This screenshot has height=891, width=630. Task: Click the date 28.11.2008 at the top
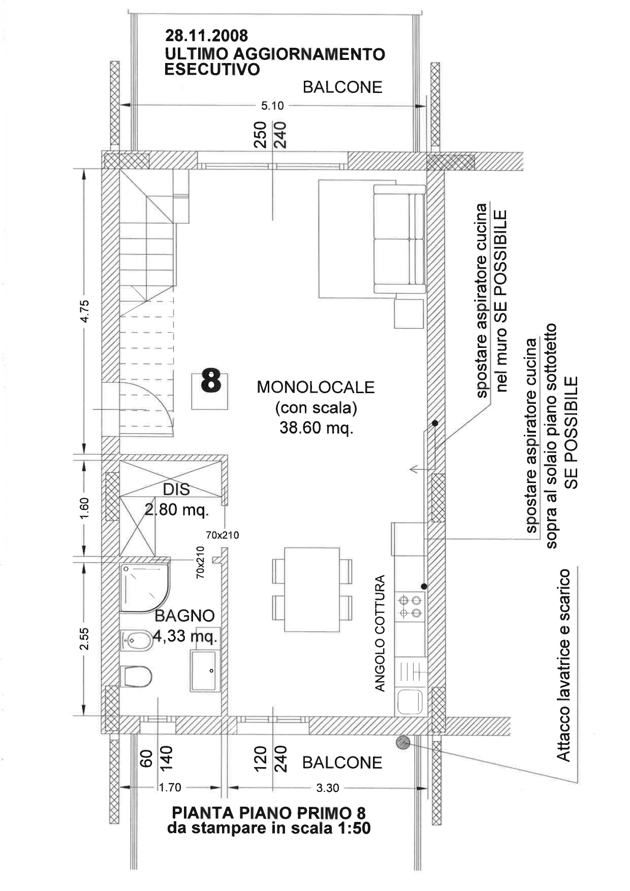click(x=206, y=36)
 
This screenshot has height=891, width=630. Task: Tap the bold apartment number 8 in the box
click(x=211, y=381)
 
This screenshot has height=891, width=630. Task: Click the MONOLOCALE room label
click(x=316, y=387)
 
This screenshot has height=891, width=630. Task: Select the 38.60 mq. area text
click(x=316, y=428)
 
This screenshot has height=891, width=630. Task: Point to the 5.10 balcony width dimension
click(x=272, y=106)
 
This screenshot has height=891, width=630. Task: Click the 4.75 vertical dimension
click(x=85, y=311)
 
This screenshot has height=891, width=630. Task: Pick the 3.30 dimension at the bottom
click(x=327, y=788)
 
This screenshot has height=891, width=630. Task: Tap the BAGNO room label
click(x=184, y=616)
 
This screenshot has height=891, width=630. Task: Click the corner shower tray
click(x=145, y=587)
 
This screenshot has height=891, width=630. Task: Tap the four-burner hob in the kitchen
click(x=410, y=607)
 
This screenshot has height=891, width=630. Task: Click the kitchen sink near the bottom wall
click(x=410, y=702)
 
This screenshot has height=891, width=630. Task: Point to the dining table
click(x=311, y=589)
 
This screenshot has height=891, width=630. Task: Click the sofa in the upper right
click(x=399, y=239)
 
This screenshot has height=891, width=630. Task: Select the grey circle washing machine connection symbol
click(x=403, y=743)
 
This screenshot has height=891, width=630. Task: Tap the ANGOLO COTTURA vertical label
click(x=380, y=633)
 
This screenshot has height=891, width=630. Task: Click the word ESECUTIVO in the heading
click(x=212, y=69)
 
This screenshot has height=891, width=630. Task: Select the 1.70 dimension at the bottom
click(x=170, y=788)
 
